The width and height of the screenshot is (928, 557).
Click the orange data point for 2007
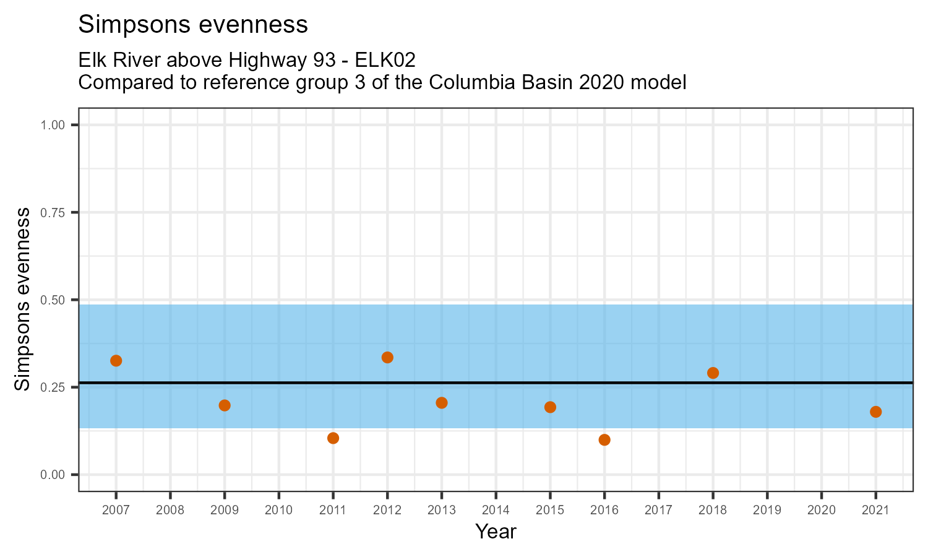coord(116,361)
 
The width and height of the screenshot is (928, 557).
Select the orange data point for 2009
coord(225,405)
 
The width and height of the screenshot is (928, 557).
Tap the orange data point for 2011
coord(333,438)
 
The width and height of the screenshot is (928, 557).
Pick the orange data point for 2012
coord(387,357)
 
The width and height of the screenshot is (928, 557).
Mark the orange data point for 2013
coord(442,403)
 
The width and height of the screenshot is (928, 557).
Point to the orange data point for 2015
coord(550,407)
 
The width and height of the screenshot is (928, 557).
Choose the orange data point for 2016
coord(604,440)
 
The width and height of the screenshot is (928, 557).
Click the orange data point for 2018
coord(713,373)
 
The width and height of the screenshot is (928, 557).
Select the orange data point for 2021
coord(875,412)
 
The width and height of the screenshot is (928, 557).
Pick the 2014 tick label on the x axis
coord(496,511)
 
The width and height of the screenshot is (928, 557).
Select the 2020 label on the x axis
coord(821,511)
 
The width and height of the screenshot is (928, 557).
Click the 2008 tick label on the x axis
coord(170,511)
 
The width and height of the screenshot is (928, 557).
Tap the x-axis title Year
coord(496,532)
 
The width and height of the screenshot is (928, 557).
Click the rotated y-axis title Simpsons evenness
coord(23,300)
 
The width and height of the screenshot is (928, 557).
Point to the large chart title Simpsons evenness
coord(193,25)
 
